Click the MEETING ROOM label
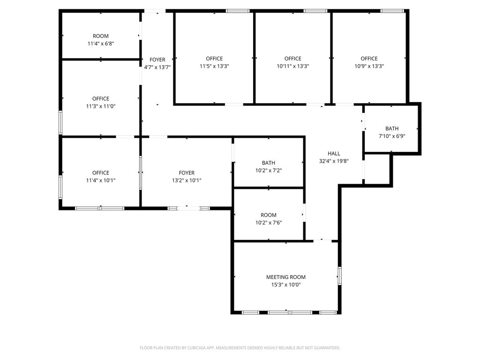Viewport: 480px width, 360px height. tap(285, 277)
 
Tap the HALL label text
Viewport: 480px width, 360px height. tap(334, 154)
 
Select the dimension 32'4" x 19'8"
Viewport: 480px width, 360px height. tap(334, 161)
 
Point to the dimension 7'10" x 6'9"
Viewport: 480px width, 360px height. tap(392, 136)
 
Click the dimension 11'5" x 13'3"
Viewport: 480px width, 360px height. tap(214, 66)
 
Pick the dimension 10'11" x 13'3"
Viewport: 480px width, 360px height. tap(293, 66)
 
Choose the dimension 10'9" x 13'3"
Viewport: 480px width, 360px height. tap(369, 66)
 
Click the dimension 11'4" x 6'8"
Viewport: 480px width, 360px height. tap(101, 44)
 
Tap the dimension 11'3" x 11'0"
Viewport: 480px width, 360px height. tap(101, 106)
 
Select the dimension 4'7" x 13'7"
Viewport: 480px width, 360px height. tap(157, 67)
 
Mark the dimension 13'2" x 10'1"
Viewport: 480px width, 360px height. tap(187, 180)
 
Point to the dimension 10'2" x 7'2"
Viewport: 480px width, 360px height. tap(269, 171)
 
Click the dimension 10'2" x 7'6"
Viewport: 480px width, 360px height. tap(269, 223)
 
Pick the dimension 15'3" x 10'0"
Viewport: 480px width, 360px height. tap(286, 285)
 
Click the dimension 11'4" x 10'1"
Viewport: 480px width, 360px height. tap(101, 180)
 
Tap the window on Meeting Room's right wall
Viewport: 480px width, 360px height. tap(339, 276)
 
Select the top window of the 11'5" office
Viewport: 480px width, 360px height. tap(238, 11)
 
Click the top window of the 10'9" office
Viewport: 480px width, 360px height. tap(392, 11)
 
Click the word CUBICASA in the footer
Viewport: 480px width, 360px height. tap(196, 348)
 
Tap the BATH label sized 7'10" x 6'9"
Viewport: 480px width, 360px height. tap(392, 128)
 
